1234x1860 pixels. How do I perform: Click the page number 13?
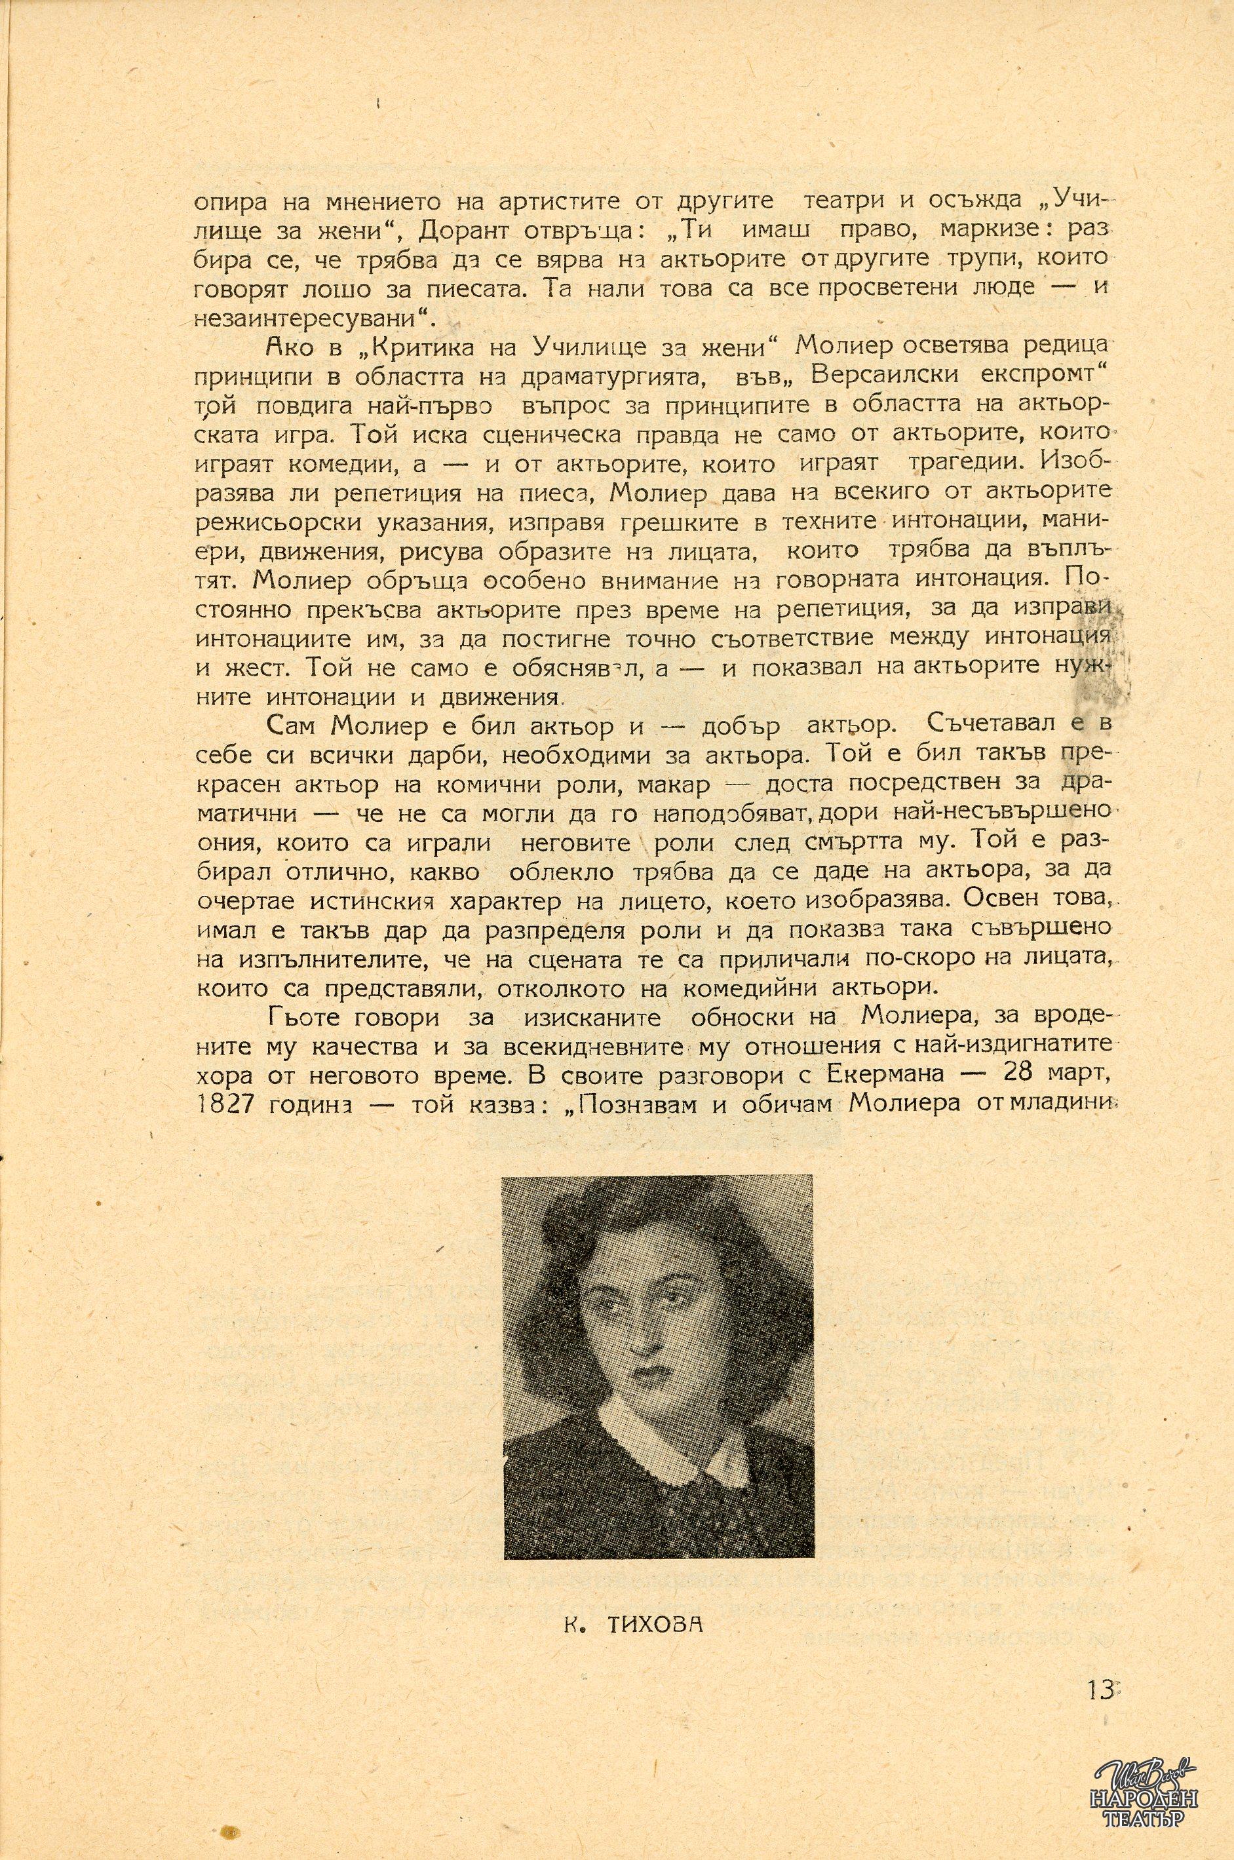coord(1102,1684)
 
